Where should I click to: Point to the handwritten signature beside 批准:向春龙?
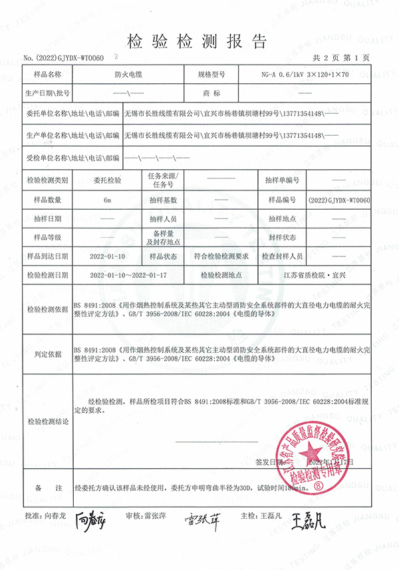(90, 518)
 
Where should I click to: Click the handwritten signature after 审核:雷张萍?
(203, 518)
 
